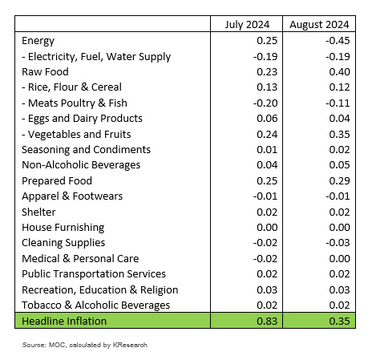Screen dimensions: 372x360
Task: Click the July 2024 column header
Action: (x=247, y=25)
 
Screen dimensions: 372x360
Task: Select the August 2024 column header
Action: (x=319, y=25)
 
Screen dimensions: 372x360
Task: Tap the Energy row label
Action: (x=38, y=41)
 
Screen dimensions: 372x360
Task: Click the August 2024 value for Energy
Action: (x=338, y=41)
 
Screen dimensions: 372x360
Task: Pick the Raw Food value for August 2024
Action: (x=339, y=72)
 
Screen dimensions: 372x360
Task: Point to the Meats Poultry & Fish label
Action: (x=75, y=103)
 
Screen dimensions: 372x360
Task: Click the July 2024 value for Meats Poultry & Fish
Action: (x=265, y=103)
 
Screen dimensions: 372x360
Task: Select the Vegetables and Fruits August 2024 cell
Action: (x=339, y=134)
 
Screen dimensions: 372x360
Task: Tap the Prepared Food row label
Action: (x=57, y=181)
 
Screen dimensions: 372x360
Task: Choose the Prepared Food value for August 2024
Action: (x=339, y=181)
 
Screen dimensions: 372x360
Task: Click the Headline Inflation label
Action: (x=64, y=321)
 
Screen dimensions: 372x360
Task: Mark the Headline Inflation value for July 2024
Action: (x=267, y=321)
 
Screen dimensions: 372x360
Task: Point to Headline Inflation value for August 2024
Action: (x=339, y=321)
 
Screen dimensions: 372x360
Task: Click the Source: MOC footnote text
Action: (x=85, y=345)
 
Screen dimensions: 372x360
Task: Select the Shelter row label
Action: (x=38, y=212)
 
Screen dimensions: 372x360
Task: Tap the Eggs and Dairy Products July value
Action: (x=267, y=119)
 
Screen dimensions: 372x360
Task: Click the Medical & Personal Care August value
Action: (x=339, y=259)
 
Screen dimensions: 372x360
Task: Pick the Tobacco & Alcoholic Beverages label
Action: (x=96, y=305)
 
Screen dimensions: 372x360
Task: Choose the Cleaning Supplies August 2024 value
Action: (x=338, y=243)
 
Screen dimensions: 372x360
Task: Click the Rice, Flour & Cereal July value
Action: (x=267, y=87)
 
